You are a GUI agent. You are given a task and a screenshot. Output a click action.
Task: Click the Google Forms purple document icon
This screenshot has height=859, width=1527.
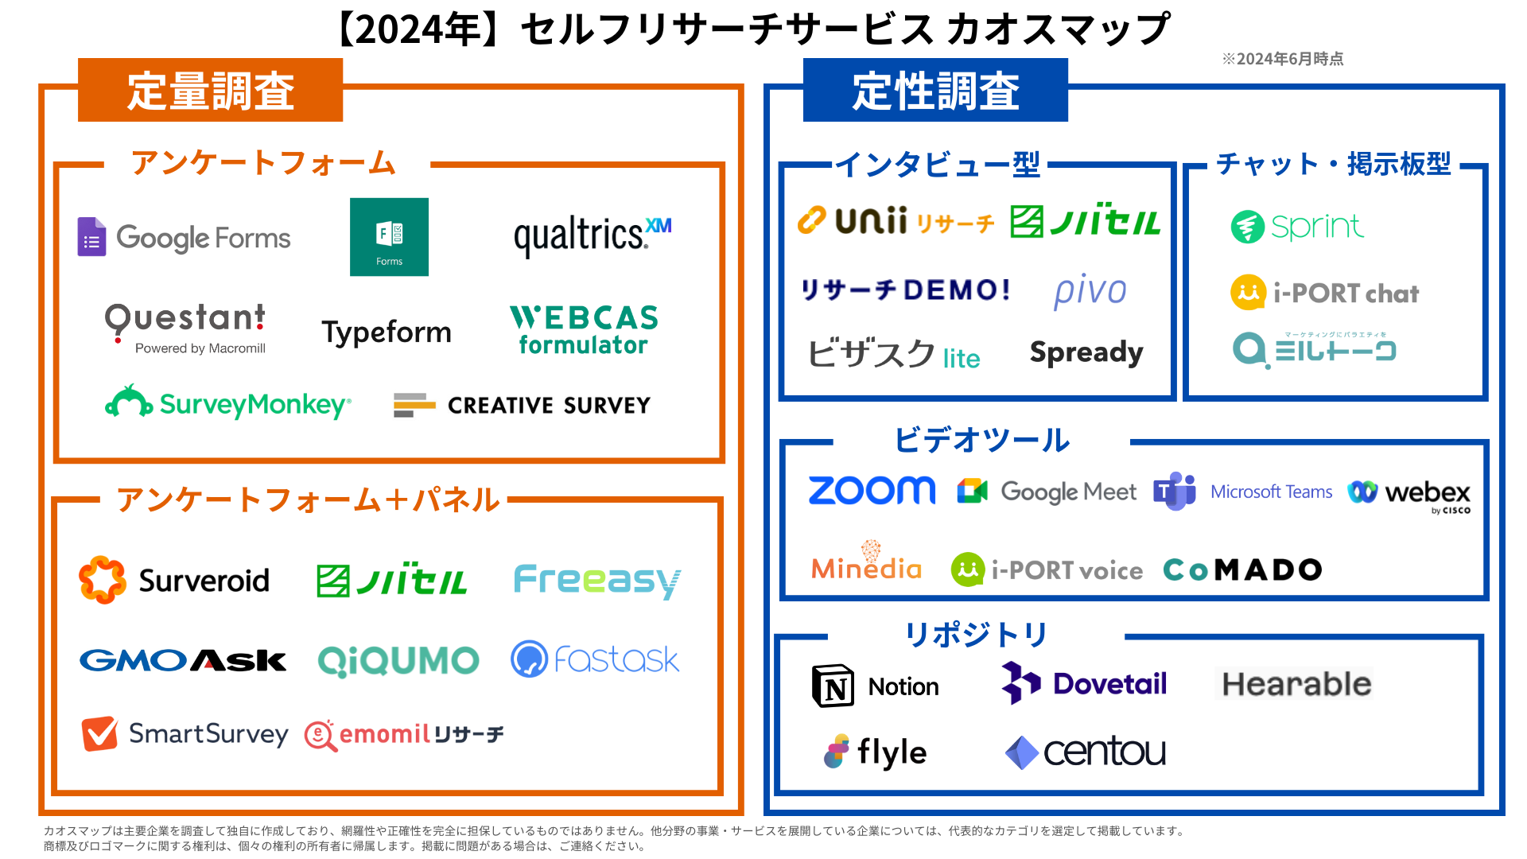coord(91,237)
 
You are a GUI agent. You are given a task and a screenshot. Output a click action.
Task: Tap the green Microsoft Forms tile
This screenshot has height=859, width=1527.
coord(389,237)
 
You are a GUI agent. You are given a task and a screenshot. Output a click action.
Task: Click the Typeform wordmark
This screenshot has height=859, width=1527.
coord(387,332)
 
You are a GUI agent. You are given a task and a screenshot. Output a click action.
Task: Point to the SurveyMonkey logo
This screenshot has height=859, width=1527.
coord(228,404)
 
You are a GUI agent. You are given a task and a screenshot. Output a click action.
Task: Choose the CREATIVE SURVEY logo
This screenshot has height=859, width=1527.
coord(522,406)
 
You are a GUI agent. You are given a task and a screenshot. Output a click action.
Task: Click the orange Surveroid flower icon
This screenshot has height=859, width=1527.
coord(103,580)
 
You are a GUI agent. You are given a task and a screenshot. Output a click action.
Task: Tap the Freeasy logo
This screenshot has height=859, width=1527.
coord(597,581)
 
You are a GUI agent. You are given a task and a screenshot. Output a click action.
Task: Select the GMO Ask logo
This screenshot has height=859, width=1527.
coord(183,660)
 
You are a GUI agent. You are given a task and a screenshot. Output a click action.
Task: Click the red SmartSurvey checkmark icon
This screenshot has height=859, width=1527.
coord(100,733)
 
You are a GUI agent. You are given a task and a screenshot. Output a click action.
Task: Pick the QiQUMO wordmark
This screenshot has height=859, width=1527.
coord(398,661)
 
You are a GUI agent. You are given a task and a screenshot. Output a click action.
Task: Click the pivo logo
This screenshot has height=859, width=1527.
coord(1090,291)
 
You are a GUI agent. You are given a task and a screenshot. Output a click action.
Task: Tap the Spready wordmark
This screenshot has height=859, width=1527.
coord(1086,352)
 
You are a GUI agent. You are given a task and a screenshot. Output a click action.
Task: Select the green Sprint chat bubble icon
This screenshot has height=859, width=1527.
coord(1247,227)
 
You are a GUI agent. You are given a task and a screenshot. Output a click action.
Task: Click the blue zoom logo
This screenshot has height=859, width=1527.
coord(872,491)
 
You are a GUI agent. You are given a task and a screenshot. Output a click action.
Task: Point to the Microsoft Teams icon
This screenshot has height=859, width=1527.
coord(1175,492)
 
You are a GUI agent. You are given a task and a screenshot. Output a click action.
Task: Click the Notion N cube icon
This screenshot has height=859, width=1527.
coord(833,686)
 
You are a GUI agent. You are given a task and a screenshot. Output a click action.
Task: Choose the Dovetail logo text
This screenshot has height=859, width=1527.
coord(1109,684)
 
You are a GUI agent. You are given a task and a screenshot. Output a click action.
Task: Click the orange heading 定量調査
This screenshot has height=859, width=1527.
coord(211,91)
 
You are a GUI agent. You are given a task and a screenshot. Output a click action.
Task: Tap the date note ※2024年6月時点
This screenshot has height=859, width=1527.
coord(1282,59)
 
